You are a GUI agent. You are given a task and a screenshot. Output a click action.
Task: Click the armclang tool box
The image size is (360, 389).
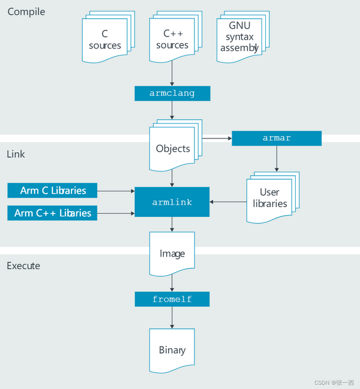tap(172, 93)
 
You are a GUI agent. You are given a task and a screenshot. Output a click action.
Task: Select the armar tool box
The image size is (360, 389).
tap(277, 138)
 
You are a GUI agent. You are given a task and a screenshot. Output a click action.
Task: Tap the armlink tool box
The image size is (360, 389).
tap(172, 202)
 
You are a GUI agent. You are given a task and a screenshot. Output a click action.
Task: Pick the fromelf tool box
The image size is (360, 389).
tap(172, 299)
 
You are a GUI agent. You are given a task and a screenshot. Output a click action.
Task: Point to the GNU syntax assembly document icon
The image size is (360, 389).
tap(239, 37)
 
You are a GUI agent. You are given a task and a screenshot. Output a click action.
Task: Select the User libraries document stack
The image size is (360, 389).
tap(269, 197)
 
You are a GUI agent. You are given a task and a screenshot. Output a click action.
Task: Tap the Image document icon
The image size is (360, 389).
tap(172, 254)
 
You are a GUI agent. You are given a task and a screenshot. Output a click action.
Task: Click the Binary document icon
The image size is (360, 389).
tap(172, 350)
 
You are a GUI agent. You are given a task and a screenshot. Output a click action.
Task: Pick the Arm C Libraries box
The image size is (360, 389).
tap(53, 191)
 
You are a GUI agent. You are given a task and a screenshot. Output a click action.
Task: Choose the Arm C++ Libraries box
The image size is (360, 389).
tap(53, 213)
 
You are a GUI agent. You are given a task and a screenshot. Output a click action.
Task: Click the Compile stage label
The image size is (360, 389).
tap(26, 11)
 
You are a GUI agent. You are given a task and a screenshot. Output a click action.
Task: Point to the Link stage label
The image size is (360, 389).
tap(16, 154)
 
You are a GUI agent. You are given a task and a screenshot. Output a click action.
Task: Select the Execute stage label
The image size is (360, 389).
tap(23, 266)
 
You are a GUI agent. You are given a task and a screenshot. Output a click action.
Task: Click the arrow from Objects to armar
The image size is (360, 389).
tap(217, 138)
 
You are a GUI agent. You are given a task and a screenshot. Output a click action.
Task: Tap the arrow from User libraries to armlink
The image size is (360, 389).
tap(227, 202)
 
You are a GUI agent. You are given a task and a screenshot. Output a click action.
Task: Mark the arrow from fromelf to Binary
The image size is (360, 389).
tap(172, 317)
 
